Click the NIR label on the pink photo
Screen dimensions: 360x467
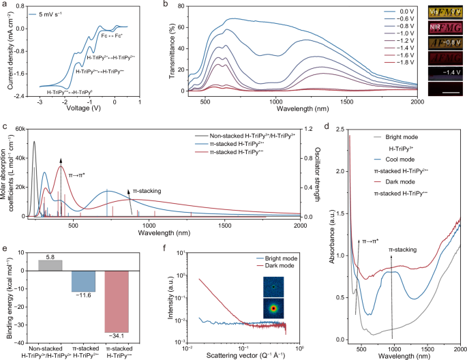coord(438,30)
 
